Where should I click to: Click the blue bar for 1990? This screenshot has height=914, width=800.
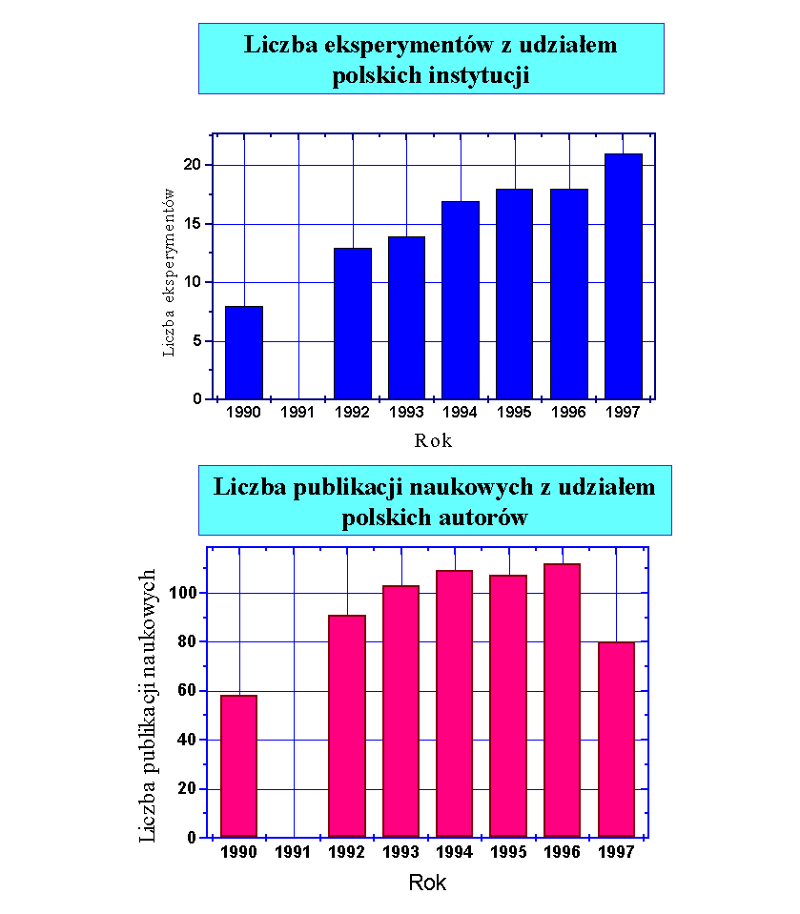pos(244,353)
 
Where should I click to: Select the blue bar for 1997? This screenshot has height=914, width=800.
pos(624,276)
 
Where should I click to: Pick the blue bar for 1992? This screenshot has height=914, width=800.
pos(353,324)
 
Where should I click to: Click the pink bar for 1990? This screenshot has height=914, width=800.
pos(238,766)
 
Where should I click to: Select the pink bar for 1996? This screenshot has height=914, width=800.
pos(563,701)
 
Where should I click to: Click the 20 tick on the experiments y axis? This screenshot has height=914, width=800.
pos(195,165)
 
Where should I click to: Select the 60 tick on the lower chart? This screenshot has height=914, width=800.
pos(189,691)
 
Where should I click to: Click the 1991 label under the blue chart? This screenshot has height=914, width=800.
pos(298,413)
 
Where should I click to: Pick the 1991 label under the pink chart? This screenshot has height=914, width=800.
pos(293,852)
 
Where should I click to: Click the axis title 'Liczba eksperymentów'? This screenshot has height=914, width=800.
pos(169,272)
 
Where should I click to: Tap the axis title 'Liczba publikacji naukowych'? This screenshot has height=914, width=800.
pos(148,705)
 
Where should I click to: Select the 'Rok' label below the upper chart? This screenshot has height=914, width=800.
pos(433,440)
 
